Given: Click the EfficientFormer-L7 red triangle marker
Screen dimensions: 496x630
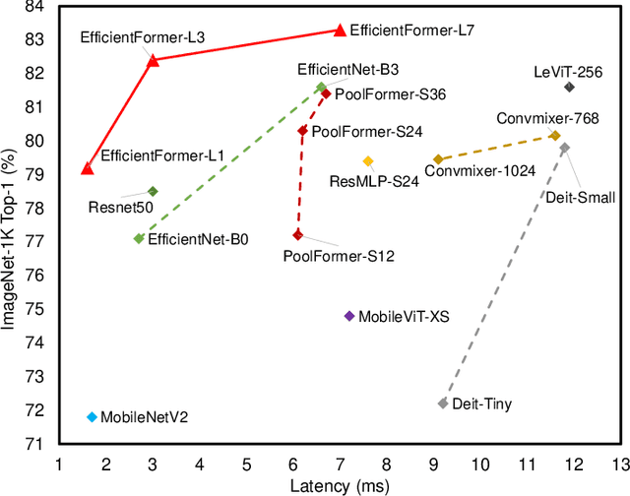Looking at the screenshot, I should [340, 31].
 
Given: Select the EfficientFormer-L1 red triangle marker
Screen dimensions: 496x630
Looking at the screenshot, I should [87, 168].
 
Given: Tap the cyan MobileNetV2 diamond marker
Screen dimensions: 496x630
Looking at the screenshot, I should [92, 417].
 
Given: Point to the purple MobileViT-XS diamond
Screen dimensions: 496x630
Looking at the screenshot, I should [348, 316].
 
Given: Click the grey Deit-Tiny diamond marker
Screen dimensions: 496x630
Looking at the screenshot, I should [443, 403].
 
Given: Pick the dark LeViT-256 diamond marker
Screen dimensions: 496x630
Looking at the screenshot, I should [569, 88].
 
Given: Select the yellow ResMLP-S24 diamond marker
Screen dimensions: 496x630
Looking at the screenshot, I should [368, 161].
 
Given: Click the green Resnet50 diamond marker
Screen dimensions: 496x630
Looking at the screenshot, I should [153, 191].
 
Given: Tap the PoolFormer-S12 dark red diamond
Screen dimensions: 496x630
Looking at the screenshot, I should [297, 235].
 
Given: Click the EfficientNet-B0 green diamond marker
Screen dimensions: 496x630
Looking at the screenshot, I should [139, 238].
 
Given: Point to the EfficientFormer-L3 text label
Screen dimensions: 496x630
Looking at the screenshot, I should [143, 37].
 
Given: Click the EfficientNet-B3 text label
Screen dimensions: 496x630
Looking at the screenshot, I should [347, 70].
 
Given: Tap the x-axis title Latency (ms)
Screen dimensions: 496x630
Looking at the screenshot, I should [340, 486].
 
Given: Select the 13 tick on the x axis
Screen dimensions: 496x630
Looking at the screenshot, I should [619, 464].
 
